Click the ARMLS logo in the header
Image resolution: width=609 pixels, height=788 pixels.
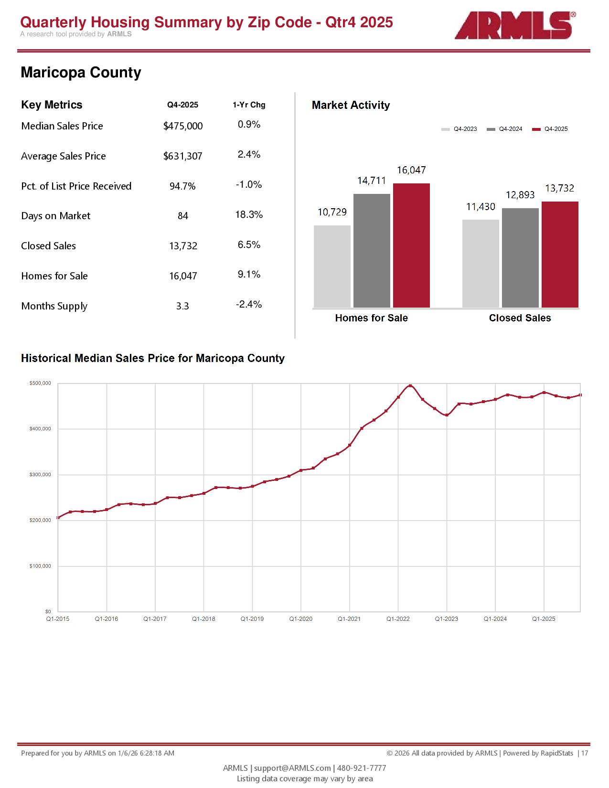pyautogui.click(x=514, y=25)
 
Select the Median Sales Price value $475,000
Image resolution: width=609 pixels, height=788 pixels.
pyautogui.click(x=183, y=126)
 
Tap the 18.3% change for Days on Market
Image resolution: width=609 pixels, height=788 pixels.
pyautogui.click(x=249, y=215)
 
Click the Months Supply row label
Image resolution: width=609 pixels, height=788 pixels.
pyautogui.click(x=54, y=306)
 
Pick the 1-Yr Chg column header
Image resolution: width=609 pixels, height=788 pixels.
pyautogui.click(x=249, y=105)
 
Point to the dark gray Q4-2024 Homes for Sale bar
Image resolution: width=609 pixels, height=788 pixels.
pyautogui.click(x=372, y=250)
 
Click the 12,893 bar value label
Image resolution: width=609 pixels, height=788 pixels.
pyautogui.click(x=520, y=195)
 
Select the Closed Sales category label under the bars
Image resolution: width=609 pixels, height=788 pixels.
pyautogui.click(x=520, y=318)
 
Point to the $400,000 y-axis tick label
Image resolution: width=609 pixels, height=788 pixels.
pyautogui.click(x=40, y=429)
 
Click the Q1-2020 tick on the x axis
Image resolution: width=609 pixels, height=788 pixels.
pyautogui.click(x=301, y=619)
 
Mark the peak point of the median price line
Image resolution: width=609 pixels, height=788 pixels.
pyautogui.click(x=410, y=385)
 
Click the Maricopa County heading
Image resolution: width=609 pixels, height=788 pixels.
pyautogui.click(x=81, y=73)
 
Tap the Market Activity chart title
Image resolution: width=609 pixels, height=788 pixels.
pyautogui.click(x=351, y=106)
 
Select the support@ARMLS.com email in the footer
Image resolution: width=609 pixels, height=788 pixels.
pyautogui.click(x=292, y=768)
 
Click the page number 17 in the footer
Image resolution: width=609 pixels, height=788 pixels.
pyautogui.click(x=585, y=753)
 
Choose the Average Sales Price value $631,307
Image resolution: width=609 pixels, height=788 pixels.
pyautogui.click(x=183, y=156)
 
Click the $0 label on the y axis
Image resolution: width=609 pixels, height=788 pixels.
pyautogui.click(x=48, y=612)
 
